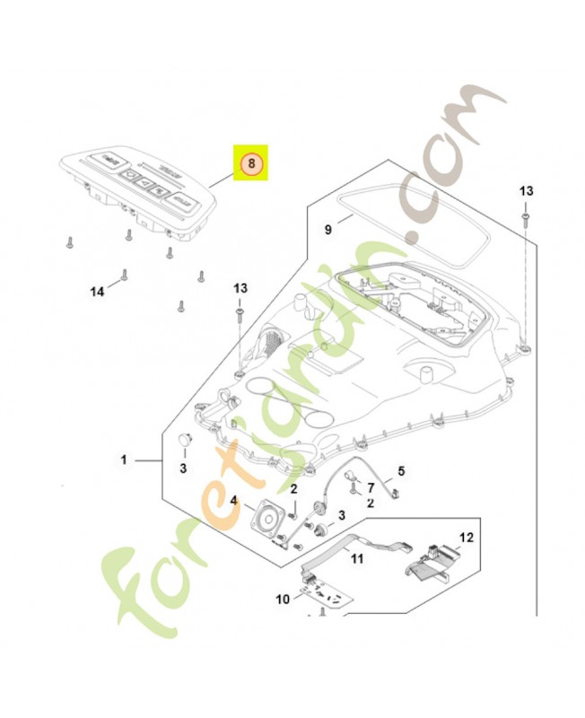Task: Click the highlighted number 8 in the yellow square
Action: point(252,163)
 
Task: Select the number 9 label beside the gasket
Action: point(328,231)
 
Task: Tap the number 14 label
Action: point(98,291)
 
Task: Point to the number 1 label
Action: point(125,460)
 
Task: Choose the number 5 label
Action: point(401,470)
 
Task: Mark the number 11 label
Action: point(356,558)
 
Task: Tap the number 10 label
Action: point(283,598)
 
